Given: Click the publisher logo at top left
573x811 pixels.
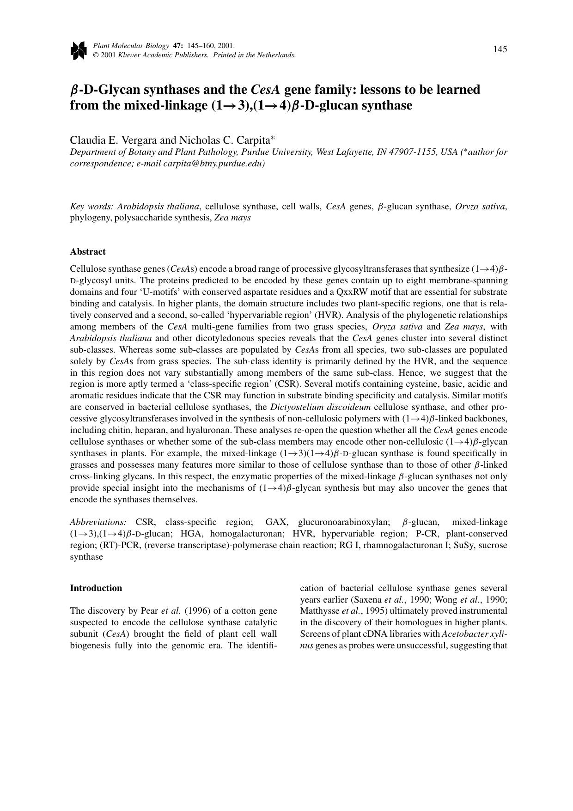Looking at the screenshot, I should (x=79, y=50).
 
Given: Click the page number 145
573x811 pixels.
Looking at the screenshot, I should (x=500, y=49).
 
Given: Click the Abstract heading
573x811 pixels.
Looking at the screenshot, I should (x=88, y=252).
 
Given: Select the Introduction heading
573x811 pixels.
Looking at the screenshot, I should (x=96, y=588).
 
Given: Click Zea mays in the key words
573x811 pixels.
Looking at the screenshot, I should (x=232, y=218).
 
